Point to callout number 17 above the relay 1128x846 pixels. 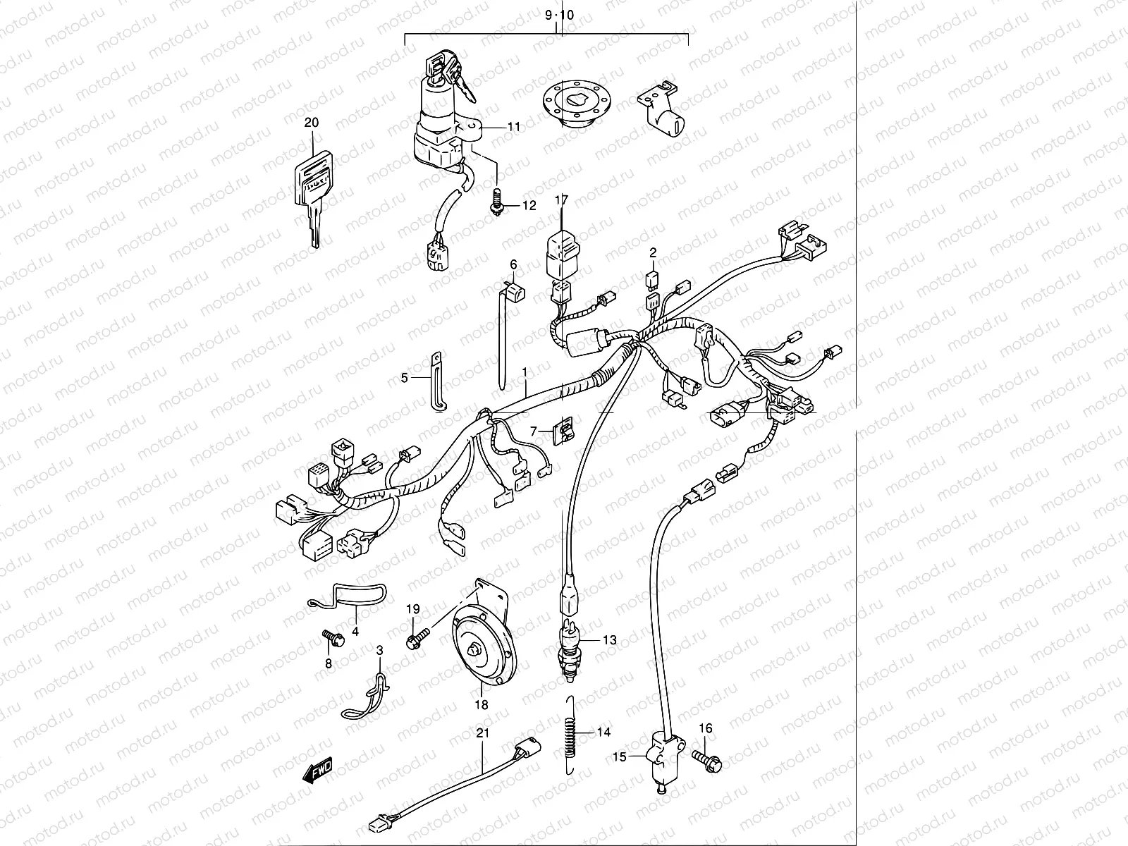(x=561, y=200)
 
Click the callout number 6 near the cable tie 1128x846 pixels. (x=513, y=264)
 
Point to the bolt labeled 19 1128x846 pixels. (x=416, y=639)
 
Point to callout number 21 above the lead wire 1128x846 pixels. (x=482, y=734)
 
